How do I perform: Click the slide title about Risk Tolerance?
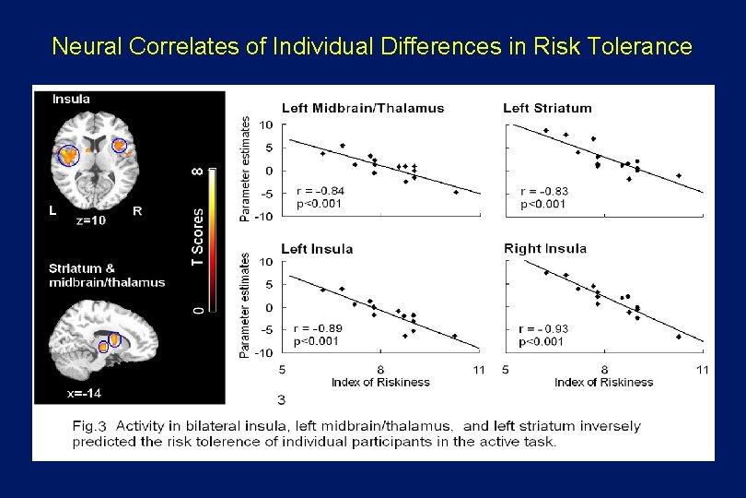[372, 45]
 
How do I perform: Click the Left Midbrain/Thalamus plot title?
[362, 108]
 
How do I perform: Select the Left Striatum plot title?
[547, 108]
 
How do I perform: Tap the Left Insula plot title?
[317, 248]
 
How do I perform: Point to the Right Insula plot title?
[545, 248]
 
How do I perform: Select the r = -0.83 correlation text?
[544, 191]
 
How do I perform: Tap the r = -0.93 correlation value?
[544, 328]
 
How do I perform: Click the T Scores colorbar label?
[197, 236]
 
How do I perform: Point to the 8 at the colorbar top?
[197, 172]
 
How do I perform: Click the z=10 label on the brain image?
[90, 221]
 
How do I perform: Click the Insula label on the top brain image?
[71, 99]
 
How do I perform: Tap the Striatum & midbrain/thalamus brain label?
[107, 276]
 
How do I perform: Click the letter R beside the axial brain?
[137, 211]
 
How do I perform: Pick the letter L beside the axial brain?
[52, 210]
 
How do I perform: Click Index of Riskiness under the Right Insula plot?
[603, 382]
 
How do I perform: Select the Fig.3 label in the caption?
[90, 426]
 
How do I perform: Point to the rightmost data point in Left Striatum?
[679, 175]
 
